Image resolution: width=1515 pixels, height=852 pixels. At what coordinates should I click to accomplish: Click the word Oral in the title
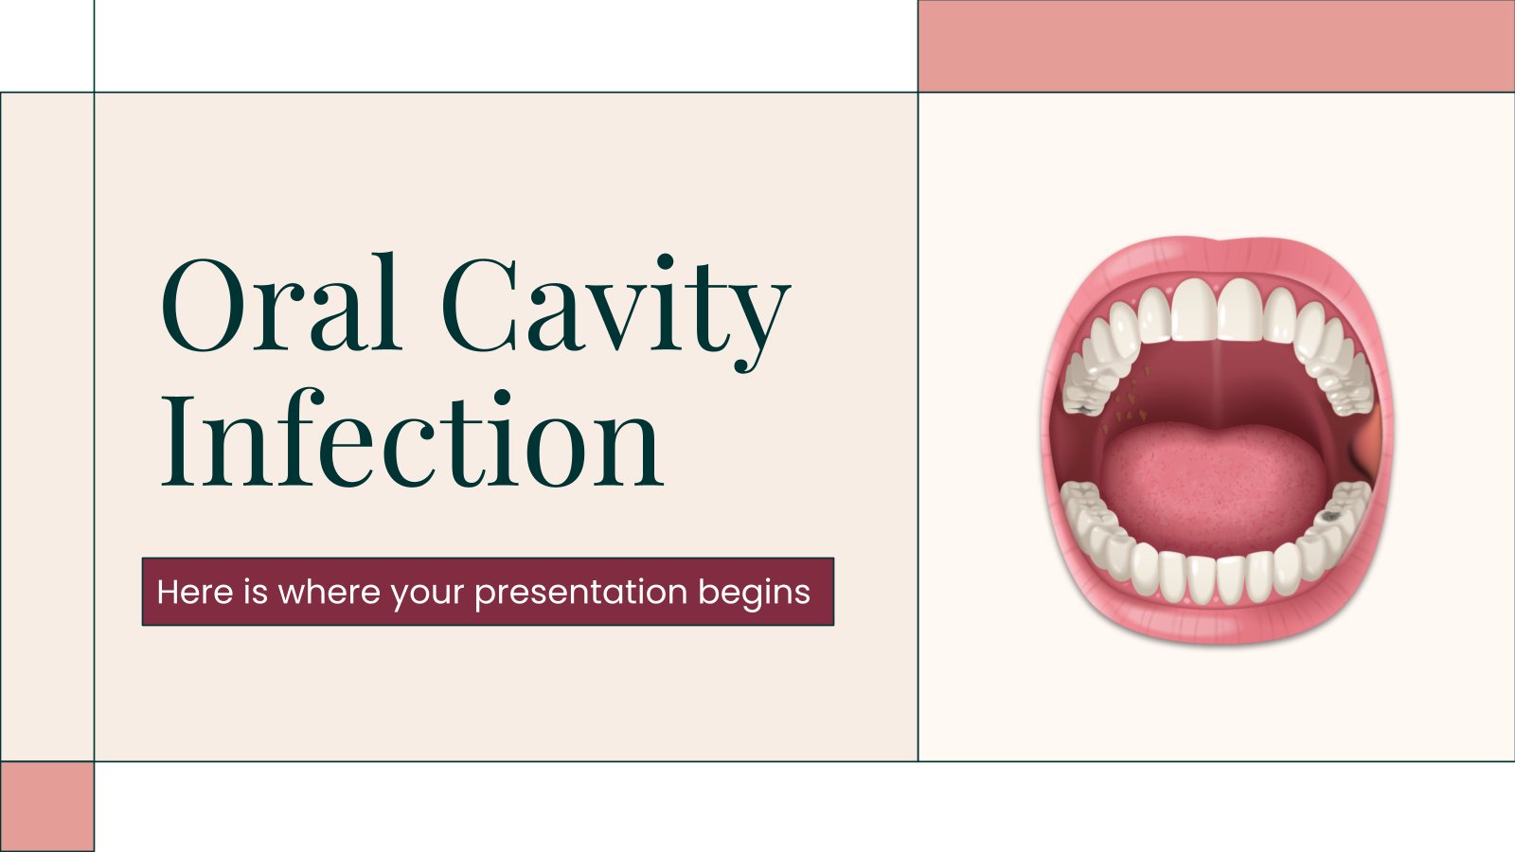[x=280, y=305]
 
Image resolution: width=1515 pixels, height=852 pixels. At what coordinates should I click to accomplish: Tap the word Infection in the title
[x=412, y=440]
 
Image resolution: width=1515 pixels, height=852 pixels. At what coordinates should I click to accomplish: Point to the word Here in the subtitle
[x=194, y=593]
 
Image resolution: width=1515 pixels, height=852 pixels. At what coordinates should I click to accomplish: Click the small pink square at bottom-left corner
[x=46, y=806]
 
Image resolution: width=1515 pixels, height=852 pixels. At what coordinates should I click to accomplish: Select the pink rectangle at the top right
[x=1216, y=45]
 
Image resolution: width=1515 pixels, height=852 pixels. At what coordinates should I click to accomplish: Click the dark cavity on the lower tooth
[x=1330, y=517]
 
